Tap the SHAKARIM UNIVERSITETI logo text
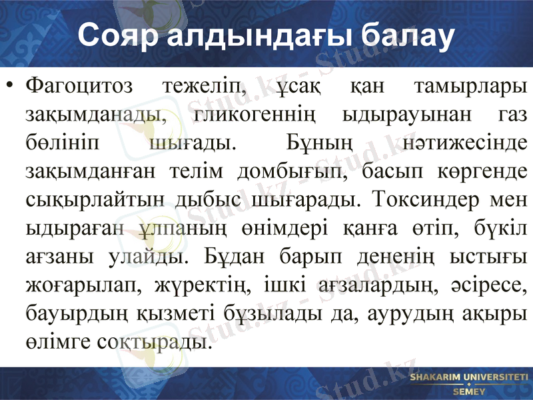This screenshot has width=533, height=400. click(x=468, y=378)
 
